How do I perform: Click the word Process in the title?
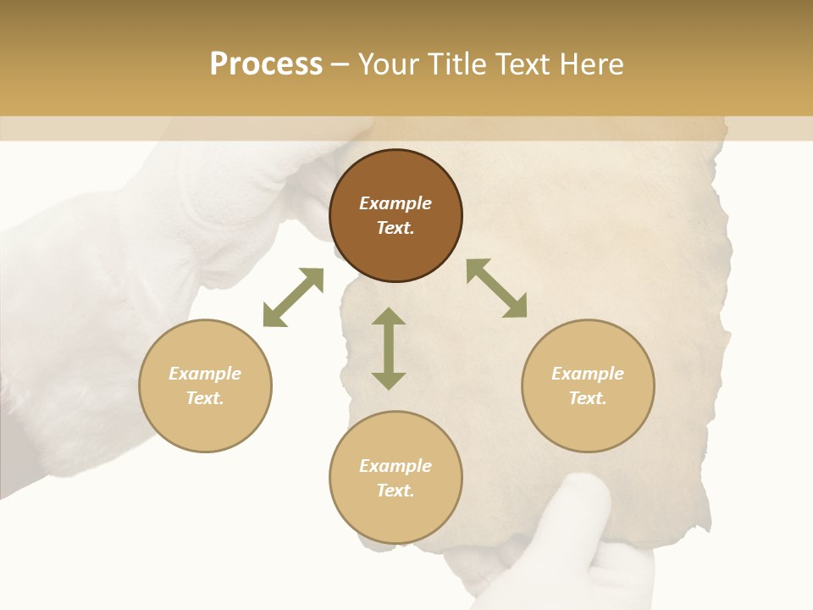[266, 64]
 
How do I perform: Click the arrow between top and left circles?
[293, 297]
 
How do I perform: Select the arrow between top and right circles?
[496, 288]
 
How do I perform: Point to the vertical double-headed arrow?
[389, 348]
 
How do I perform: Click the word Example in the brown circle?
[395, 203]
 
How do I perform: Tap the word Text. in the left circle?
[205, 398]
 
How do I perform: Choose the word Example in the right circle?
[588, 374]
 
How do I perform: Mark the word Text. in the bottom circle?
[395, 491]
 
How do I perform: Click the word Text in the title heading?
[519, 64]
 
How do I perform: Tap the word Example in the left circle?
[205, 374]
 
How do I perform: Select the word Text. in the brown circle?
[395, 228]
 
